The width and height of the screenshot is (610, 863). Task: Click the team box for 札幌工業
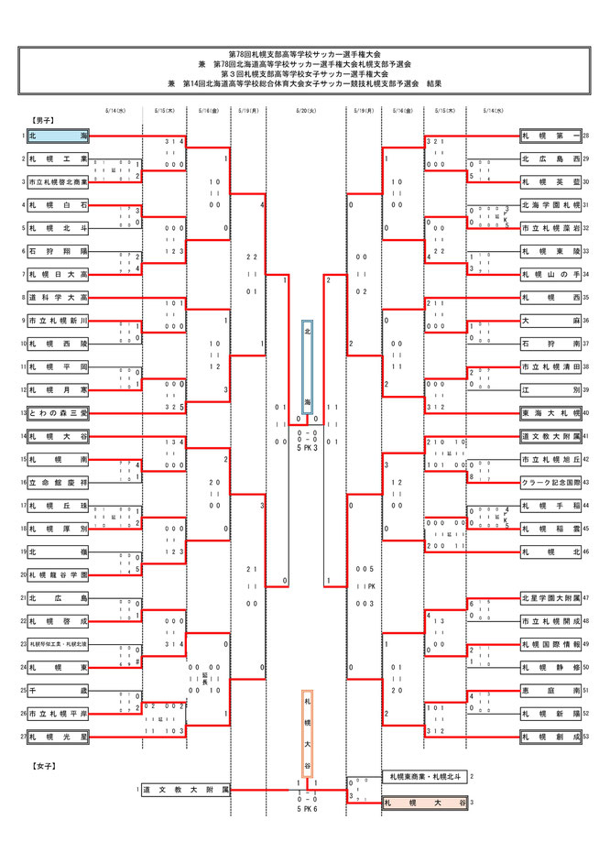click(x=59, y=158)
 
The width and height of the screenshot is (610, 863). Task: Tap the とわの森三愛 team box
click(x=59, y=413)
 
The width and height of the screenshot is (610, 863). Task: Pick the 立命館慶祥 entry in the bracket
click(x=59, y=482)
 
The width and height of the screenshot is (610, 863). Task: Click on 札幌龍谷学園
click(x=59, y=575)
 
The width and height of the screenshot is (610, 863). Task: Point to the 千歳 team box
click(x=59, y=691)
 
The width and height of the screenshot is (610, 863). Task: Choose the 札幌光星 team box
click(x=59, y=737)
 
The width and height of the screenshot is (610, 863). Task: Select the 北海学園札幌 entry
click(x=550, y=205)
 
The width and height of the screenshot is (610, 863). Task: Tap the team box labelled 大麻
click(x=550, y=321)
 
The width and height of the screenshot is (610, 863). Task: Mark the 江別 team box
click(x=550, y=389)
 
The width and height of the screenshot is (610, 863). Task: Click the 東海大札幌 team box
click(x=550, y=413)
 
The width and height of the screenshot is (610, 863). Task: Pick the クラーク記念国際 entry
click(x=550, y=482)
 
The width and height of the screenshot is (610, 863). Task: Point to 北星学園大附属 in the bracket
click(x=550, y=598)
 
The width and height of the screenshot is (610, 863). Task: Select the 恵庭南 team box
click(x=550, y=691)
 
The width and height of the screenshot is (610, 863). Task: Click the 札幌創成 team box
click(x=550, y=737)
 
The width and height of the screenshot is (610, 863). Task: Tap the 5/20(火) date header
click(x=306, y=111)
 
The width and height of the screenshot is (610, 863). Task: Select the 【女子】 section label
click(x=42, y=762)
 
